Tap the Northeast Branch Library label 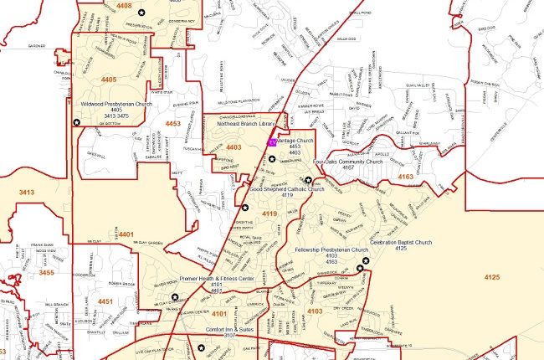pyautogui.click(x=246, y=123)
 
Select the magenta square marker pyautogui.click(x=272, y=142)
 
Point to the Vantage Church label pyautogui.click(x=295, y=141)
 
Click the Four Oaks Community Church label pyautogui.click(x=347, y=162)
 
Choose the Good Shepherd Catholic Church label pyautogui.click(x=287, y=189)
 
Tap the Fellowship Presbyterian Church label pyautogui.click(x=332, y=249)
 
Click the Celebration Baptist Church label pyautogui.click(x=401, y=243)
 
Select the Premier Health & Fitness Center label pyautogui.click(x=217, y=278)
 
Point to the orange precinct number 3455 pyautogui.click(x=46, y=272)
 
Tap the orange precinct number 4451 pyautogui.click(x=105, y=301)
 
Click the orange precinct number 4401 pyautogui.click(x=126, y=234)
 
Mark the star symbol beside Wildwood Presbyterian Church pyautogui.click(x=77, y=122)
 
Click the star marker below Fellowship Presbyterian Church pyautogui.click(x=362, y=268)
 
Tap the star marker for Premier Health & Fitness pyautogui.click(x=175, y=297)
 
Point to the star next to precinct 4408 pyautogui.click(x=142, y=13)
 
